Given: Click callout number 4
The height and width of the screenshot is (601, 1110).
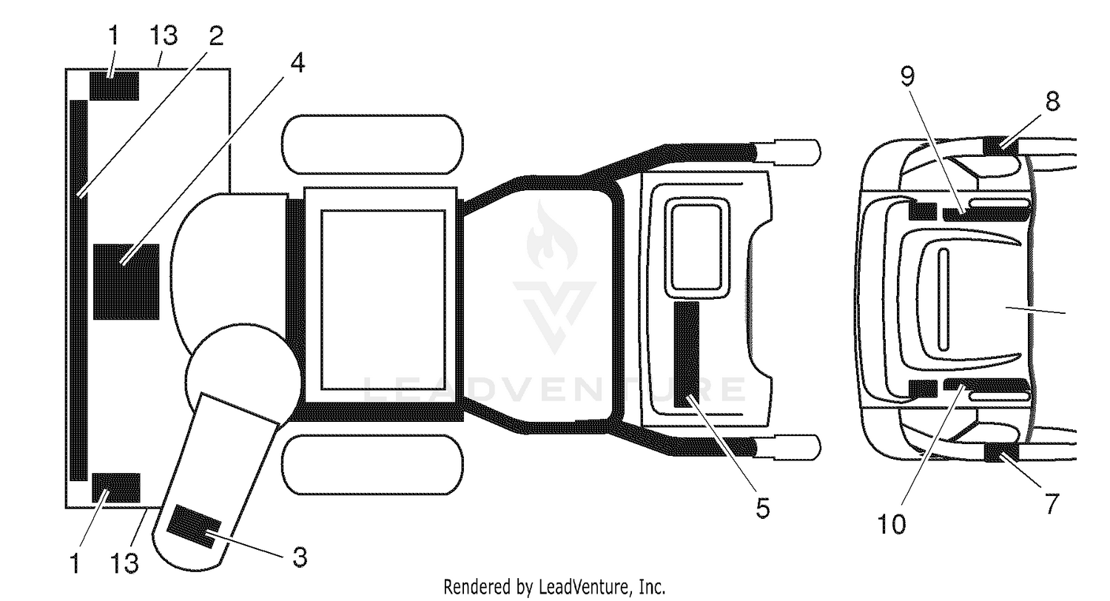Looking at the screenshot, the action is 297,63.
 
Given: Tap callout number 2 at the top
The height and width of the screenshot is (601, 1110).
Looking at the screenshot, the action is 216,36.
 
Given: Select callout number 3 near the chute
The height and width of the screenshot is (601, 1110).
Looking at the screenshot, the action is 299,557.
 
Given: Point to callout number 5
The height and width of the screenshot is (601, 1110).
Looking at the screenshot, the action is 763,508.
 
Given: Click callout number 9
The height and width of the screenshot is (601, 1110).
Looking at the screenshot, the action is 907,76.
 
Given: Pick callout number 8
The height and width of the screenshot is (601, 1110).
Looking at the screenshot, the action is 1052,101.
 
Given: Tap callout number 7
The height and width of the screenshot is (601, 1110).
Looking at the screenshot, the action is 1052,503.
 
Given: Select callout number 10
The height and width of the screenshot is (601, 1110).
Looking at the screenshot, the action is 892,524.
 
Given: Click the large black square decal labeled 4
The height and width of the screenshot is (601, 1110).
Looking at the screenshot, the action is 127,281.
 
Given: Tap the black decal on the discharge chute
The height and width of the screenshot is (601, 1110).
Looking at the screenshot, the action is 194,526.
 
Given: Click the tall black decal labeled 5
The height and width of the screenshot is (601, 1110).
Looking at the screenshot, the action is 687,355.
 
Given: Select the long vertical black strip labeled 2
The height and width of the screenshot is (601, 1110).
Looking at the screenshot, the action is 78,290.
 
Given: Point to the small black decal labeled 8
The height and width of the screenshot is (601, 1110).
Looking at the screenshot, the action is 1000,144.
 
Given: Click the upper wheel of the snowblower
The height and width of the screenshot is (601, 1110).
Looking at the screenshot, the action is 373,144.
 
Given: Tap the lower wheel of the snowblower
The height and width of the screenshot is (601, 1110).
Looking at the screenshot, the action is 373,465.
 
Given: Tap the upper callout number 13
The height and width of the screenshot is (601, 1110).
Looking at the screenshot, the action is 163,36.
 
